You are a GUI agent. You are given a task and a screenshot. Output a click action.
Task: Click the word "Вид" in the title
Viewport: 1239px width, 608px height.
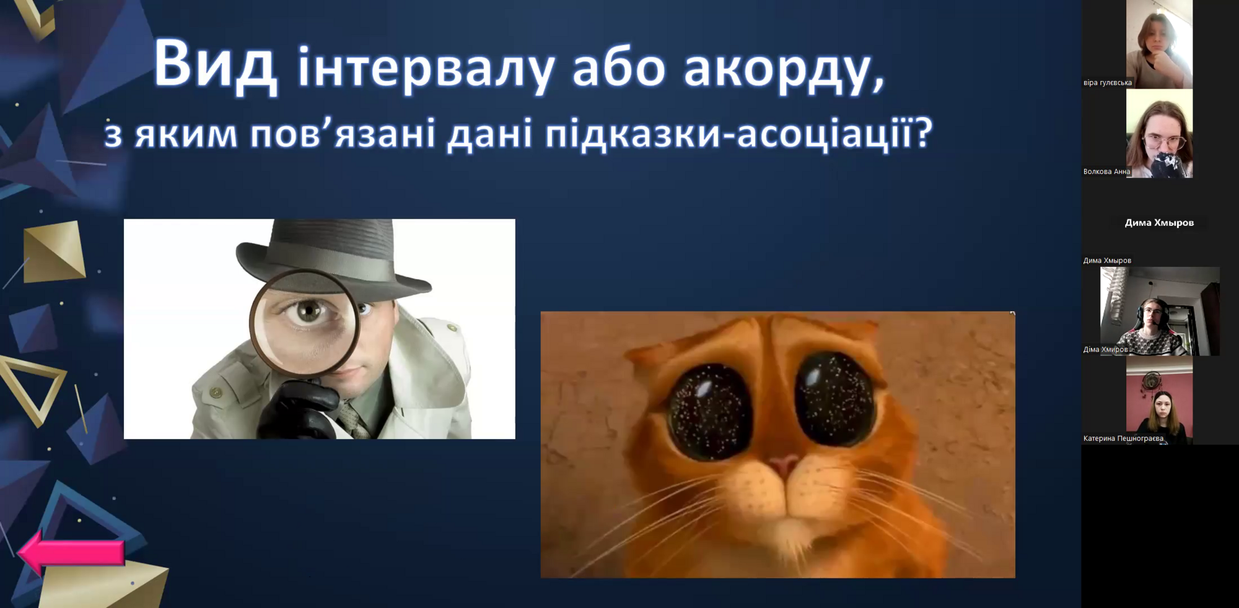click(215, 64)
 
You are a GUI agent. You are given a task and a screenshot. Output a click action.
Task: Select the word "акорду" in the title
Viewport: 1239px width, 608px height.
click(785, 68)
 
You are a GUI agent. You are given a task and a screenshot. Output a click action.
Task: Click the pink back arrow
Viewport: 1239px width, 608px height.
click(71, 552)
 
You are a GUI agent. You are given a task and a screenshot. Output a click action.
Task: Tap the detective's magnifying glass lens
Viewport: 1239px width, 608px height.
click(305, 322)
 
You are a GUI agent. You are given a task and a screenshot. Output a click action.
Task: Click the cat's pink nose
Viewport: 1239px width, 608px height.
click(784, 464)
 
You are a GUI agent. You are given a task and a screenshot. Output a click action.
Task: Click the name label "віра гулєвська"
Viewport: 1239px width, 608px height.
click(1107, 82)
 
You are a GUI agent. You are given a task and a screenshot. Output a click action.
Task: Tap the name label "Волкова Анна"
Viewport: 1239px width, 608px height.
click(1106, 172)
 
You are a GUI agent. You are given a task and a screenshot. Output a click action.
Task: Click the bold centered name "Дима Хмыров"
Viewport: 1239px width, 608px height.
click(1159, 222)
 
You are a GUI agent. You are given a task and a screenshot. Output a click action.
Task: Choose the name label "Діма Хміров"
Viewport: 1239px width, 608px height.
click(1105, 349)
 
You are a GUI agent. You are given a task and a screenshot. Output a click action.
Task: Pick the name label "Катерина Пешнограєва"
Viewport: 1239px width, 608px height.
click(1123, 438)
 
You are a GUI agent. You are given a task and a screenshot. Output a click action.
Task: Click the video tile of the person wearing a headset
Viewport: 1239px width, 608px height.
click(1160, 311)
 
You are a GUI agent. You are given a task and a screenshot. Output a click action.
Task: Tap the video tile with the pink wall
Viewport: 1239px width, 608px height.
click(1159, 401)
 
